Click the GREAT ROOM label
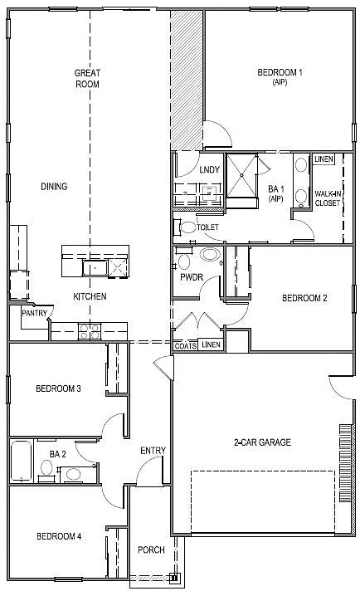pyautogui.click(x=87, y=78)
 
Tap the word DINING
pyautogui.click(x=54, y=186)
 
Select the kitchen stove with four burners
pyautogui.click(x=89, y=331)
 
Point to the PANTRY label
pyautogui.click(x=33, y=313)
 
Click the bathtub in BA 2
pyautogui.click(x=22, y=462)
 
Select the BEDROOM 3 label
pyautogui.click(x=58, y=388)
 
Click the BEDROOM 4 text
pyautogui.click(x=58, y=536)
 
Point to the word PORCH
pyautogui.click(x=151, y=549)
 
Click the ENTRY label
pyautogui.click(x=153, y=451)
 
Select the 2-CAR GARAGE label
pyautogui.click(x=261, y=442)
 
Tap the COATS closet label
pyautogui.click(x=186, y=345)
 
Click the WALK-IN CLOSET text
pyautogui.click(x=328, y=198)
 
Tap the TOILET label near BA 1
pyautogui.click(x=207, y=227)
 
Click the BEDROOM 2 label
pyautogui.click(x=304, y=298)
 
